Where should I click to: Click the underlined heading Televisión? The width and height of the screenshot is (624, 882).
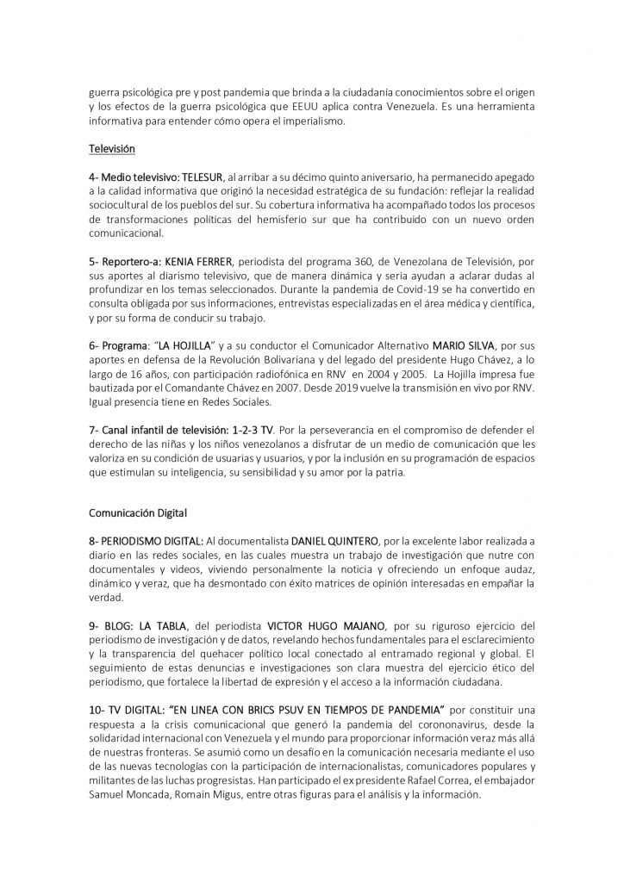[112, 149]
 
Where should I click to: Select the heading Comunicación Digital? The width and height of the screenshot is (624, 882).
[137, 512]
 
